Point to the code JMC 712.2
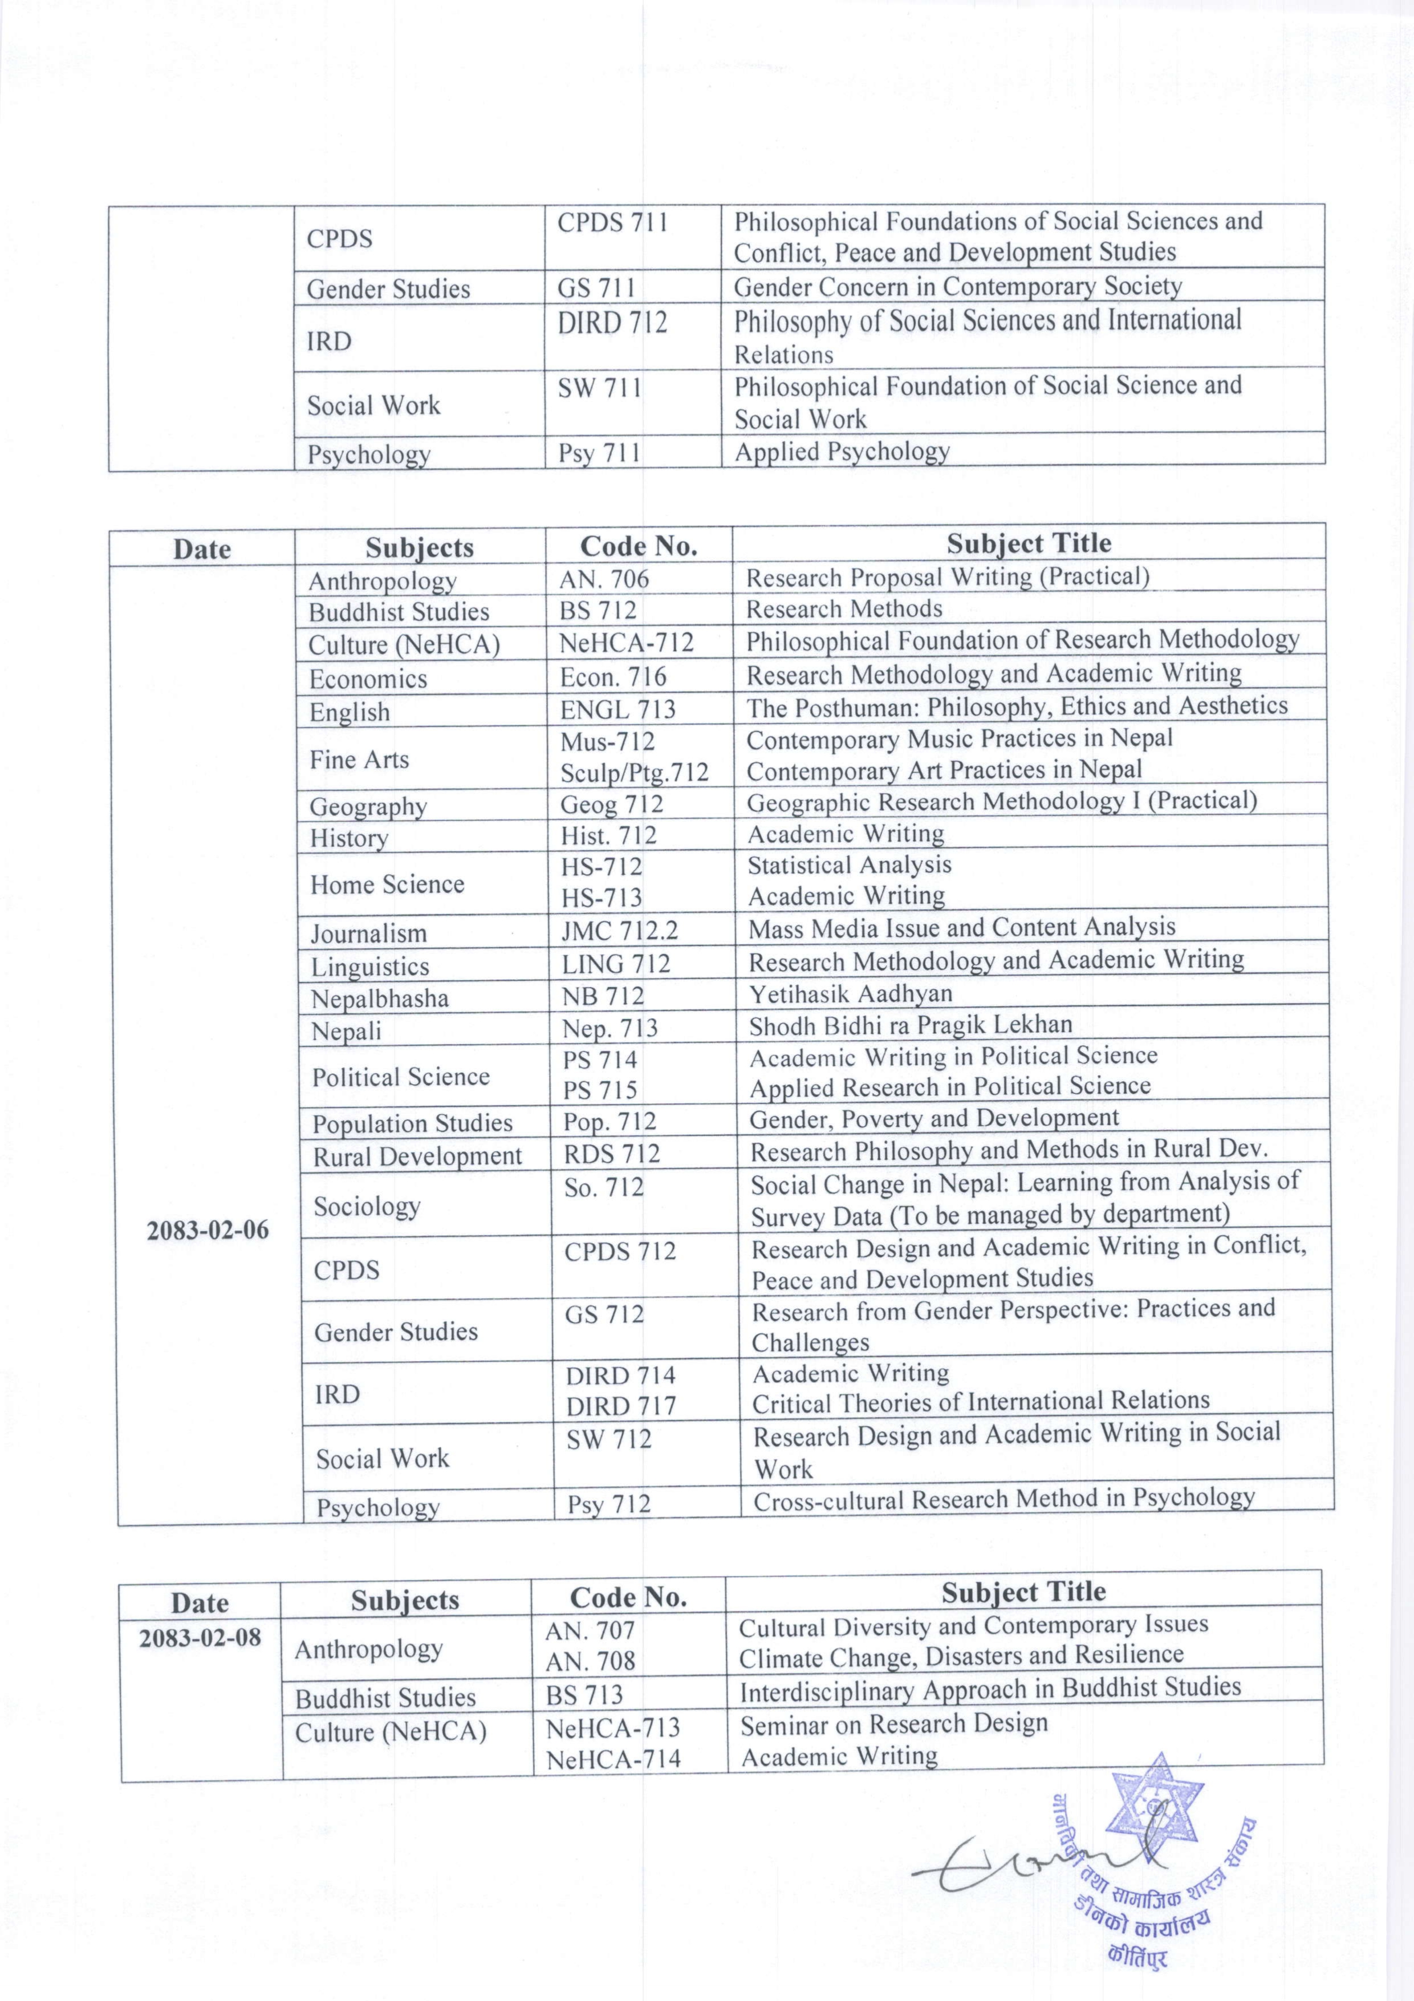click(619, 931)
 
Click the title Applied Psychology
click(841, 452)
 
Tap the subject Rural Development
click(417, 1156)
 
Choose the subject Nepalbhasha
click(380, 998)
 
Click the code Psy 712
click(609, 1504)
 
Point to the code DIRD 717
click(620, 1406)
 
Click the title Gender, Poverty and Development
click(934, 1118)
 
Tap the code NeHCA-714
click(613, 1760)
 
